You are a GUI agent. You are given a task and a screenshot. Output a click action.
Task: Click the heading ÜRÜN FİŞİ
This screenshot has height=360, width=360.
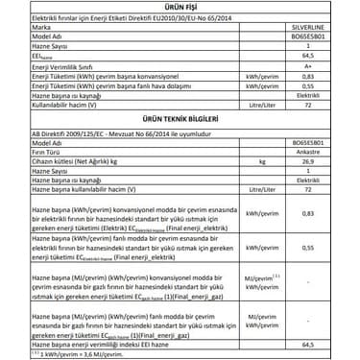pos(180,9)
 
